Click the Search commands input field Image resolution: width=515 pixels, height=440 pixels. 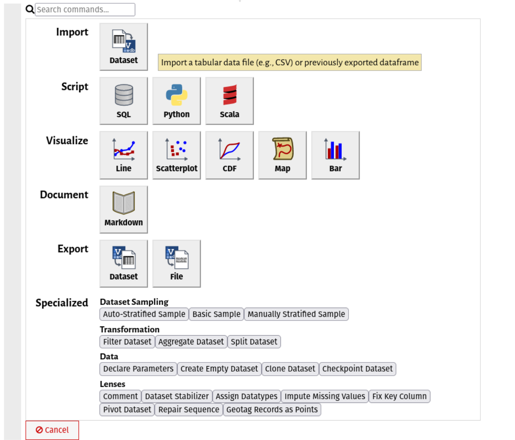click(85, 10)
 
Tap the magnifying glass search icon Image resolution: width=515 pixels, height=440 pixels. click(30, 10)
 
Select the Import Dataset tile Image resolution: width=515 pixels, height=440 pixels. click(124, 47)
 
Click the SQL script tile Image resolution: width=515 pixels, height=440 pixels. click(124, 101)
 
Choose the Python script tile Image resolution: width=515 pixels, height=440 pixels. click(177, 101)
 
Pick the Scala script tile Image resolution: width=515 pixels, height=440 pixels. click(229, 101)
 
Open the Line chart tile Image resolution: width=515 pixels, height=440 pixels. click(124, 155)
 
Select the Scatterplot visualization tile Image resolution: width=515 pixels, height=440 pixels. click(177, 155)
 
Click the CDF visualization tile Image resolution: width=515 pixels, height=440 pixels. click(229, 155)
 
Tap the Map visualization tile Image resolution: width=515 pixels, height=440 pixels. click(283, 155)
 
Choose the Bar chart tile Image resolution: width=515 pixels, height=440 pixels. click(335, 155)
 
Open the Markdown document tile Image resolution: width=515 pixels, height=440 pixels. click(124, 209)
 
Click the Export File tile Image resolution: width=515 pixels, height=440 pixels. click(177, 263)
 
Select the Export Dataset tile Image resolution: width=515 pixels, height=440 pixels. click(124, 263)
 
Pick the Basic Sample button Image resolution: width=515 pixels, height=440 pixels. click(216, 314)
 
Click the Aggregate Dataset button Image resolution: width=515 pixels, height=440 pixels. click(191, 341)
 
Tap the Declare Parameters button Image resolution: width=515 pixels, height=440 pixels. click(138, 368)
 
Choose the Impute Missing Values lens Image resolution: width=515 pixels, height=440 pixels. click(325, 396)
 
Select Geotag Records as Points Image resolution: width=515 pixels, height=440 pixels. click(272, 409)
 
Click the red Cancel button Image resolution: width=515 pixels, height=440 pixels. click(52, 430)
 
